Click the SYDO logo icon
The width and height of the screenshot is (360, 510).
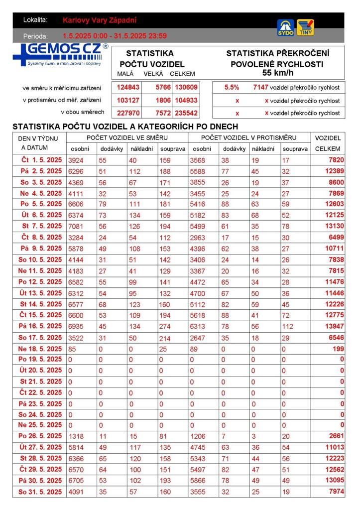click(285, 27)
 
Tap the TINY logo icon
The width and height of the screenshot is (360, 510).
click(305, 27)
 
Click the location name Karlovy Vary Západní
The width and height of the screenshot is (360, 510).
click(100, 20)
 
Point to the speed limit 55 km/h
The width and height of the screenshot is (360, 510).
click(277, 73)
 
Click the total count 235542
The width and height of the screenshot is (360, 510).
click(186, 113)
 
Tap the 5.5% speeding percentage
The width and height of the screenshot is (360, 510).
click(232, 87)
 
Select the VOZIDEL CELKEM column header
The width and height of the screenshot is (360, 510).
click(328, 143)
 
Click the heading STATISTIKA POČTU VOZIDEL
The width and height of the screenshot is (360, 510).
click(152, 58)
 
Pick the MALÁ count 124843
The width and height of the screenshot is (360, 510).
click(128, 87)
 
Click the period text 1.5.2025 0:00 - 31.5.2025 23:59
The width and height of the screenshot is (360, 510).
click(115, 36)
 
